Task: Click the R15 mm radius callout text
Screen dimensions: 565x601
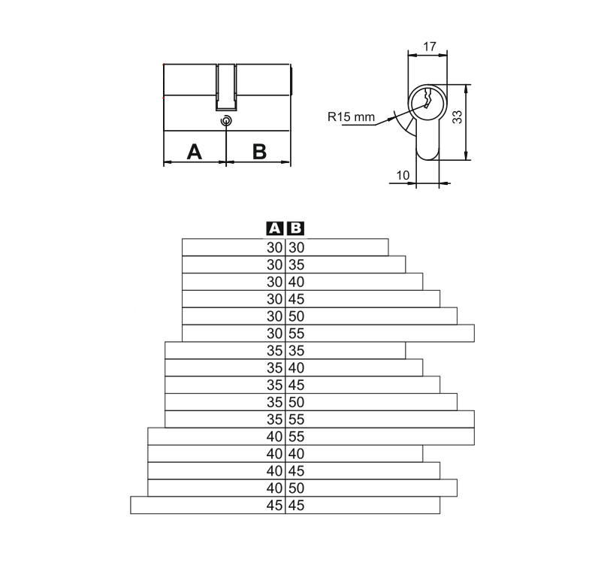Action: pyautogui.click(x=350, y=116)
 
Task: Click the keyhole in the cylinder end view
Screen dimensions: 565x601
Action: pyautogui.click(x=426, y=101)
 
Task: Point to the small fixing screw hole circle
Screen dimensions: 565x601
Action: pyautogui.click(x=226, y=121)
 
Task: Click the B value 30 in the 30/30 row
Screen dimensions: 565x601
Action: pyautogui.click(x=296, y=247)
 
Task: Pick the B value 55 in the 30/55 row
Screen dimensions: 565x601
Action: pyautogui.click(x=296, y=333)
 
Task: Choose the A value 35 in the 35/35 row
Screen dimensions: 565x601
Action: pyautogui.click(x=274, y=350)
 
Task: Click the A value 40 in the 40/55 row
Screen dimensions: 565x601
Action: pyautogui.click(x=274, y=436)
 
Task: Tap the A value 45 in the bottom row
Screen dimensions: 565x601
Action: pyautogui.click(x=274, y=506)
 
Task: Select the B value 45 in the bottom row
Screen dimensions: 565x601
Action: pyautogui.click(x=296, y=506)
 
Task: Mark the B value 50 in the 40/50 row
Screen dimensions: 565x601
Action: pyautogui.click(x=296, y=488)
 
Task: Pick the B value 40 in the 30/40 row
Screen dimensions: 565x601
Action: pyautogui.click(x=296, y=282)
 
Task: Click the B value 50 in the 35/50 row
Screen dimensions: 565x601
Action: pyautogui.click(x=296, y=402)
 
